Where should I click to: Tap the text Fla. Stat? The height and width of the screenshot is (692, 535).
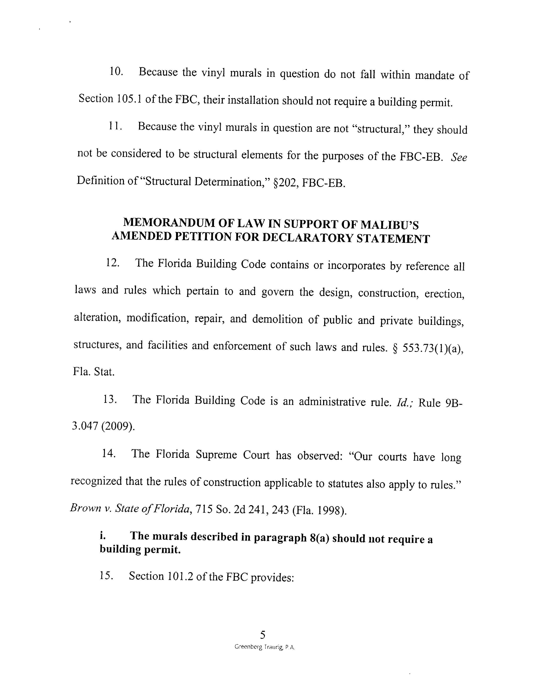coord(94,371)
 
